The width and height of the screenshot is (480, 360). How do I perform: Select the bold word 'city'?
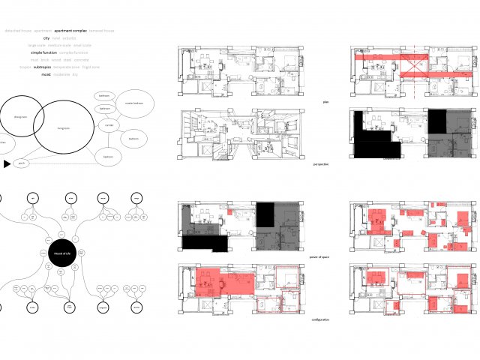click(46, 38)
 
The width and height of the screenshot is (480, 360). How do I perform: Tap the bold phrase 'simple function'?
click(43, 53)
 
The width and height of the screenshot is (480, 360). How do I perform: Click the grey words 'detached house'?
click(17, 31)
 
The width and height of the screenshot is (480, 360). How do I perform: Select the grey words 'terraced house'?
click(101, 31)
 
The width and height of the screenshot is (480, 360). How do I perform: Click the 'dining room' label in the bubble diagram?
click(20, 117)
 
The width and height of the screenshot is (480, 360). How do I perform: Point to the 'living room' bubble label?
click(64, 128)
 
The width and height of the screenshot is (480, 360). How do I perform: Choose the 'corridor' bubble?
click(109, 124)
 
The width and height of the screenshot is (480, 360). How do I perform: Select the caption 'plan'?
click(325, 102)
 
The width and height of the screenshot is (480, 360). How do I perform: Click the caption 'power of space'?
click(320, 257)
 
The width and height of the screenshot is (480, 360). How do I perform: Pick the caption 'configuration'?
click(321, 319)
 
